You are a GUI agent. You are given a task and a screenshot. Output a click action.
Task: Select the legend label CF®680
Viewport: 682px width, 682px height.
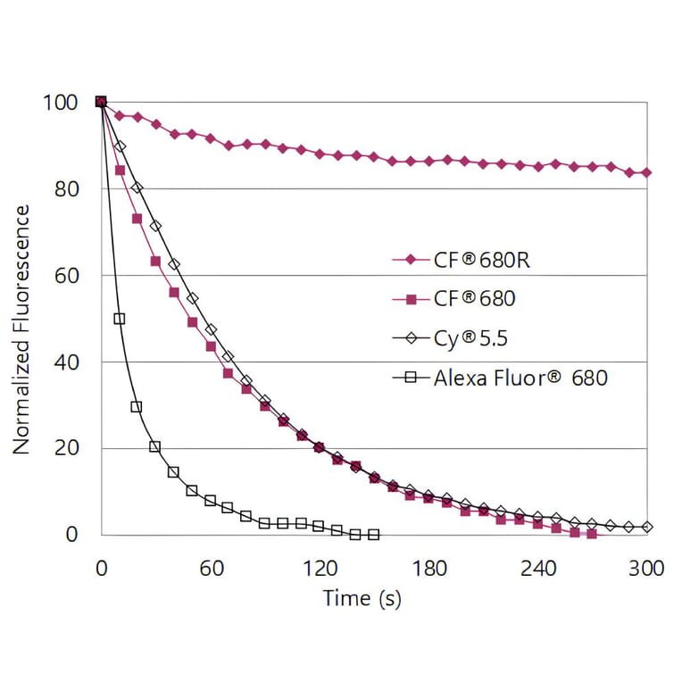[x=474, y=299]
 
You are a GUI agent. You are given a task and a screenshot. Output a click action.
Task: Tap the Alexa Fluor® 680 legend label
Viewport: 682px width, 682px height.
[x=520, y=378]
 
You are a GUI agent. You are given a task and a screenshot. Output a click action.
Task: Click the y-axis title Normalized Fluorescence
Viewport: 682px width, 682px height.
[x=21, y=329]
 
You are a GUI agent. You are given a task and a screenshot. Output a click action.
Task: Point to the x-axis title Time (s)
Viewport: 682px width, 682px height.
[x=362, y=597]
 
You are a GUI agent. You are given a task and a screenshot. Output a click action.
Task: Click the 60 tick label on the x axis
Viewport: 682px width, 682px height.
[x=211, y=569]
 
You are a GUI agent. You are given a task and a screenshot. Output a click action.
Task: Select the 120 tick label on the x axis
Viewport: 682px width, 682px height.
[x=320, y=569]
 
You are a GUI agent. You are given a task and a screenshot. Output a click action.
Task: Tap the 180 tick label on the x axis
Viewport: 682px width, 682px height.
[x=428, y=569]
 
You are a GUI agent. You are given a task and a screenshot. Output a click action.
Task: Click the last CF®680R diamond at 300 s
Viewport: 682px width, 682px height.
[x=646, y=172]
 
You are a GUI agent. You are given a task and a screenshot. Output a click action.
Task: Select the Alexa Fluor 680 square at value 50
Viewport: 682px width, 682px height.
[x=119, y=319]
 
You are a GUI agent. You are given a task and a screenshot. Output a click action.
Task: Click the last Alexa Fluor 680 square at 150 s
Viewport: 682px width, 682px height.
[x=374, y=535]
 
